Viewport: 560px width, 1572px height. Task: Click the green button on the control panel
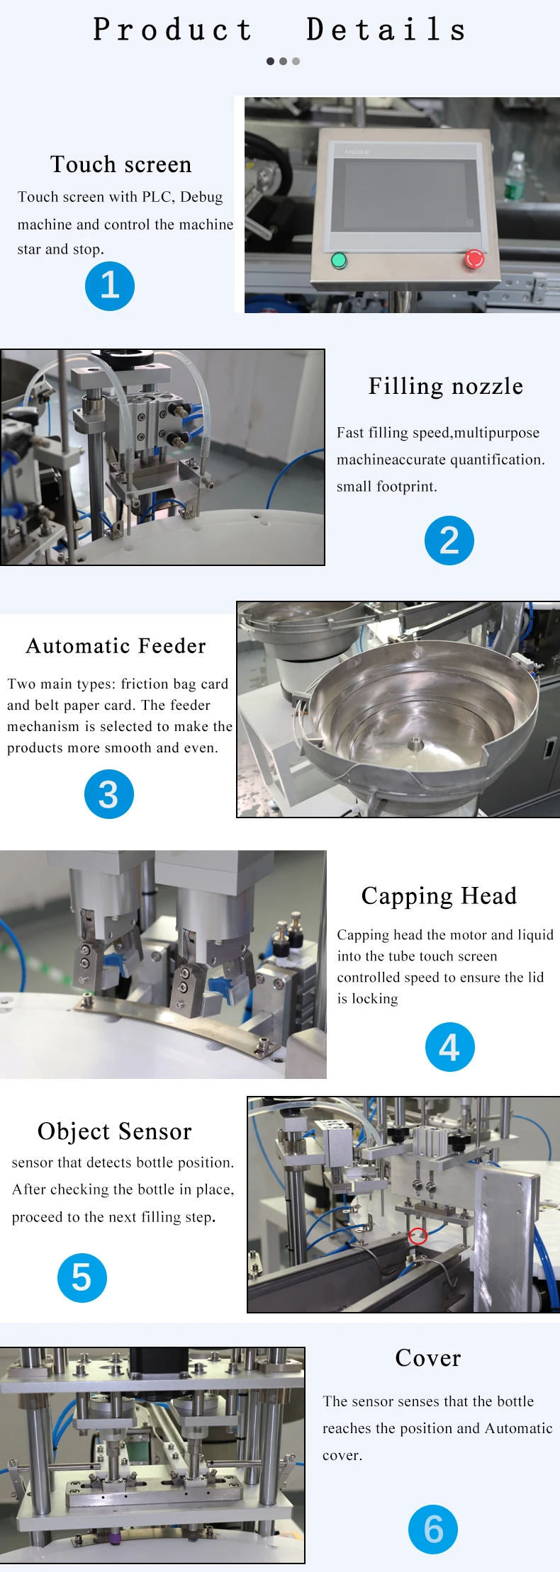click(x=339, y=260)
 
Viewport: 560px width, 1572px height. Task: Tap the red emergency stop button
click(x=474, y=259)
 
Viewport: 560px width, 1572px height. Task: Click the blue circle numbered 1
click(x=110, y=286)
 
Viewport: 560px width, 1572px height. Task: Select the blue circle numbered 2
click(x=449, y=541)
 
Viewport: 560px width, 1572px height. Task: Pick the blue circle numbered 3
click(x=108, y=794)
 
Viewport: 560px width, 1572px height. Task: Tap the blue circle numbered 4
click(x=449, y=1047)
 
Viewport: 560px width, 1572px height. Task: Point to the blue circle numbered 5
click(x=82, y=1278)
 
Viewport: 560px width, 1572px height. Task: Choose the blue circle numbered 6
click(x=433, y=1529)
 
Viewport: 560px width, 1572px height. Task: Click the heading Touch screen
click(x=121, y=164)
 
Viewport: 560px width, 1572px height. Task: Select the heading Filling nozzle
click(x=446, y=386)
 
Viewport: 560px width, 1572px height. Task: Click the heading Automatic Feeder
click(x=116, y=646)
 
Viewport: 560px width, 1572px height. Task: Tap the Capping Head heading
click(x=439, y=895)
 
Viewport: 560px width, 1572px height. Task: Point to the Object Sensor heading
click(x=115, y=1131)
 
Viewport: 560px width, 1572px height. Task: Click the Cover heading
click(x=428, y=1358)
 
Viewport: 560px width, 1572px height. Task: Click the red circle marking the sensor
click(x=418, y=1235)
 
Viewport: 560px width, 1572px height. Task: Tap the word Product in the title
click(x=173, y=30)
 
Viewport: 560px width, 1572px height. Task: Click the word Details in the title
click(x=387, y=30)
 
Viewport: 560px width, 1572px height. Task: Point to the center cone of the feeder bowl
click(x=415, y=743)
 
